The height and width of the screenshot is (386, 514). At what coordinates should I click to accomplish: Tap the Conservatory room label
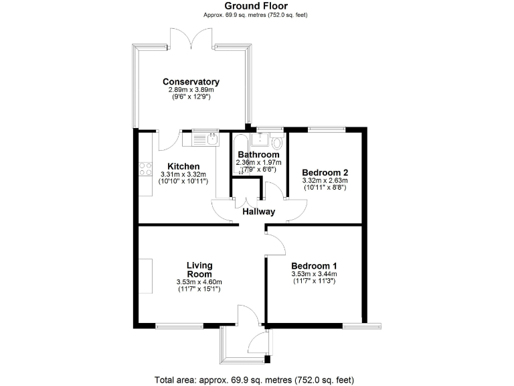(x=191, y=82)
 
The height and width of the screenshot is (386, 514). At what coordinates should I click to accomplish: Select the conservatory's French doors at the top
(x=192, y=40)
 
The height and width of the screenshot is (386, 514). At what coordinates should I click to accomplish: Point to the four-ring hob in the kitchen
(x=145, y=170)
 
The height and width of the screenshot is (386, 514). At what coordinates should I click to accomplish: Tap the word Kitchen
(x=183, y=166)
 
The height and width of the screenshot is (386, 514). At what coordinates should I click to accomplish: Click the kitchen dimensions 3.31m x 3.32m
(x=183, y=174)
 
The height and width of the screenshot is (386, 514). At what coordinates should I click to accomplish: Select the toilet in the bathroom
(x=278, y=141)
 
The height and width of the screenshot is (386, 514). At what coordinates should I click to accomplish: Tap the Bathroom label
(x=258, y=155)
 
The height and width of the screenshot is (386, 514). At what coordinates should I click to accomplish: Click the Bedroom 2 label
(x=324, y=171)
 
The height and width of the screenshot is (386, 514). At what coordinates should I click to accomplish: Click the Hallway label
(x=259, y=211)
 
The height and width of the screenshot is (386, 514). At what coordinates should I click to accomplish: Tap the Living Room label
(x=199, y=269)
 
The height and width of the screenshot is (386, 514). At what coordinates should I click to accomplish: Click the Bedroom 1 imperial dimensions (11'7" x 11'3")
(x=314, y=281)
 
